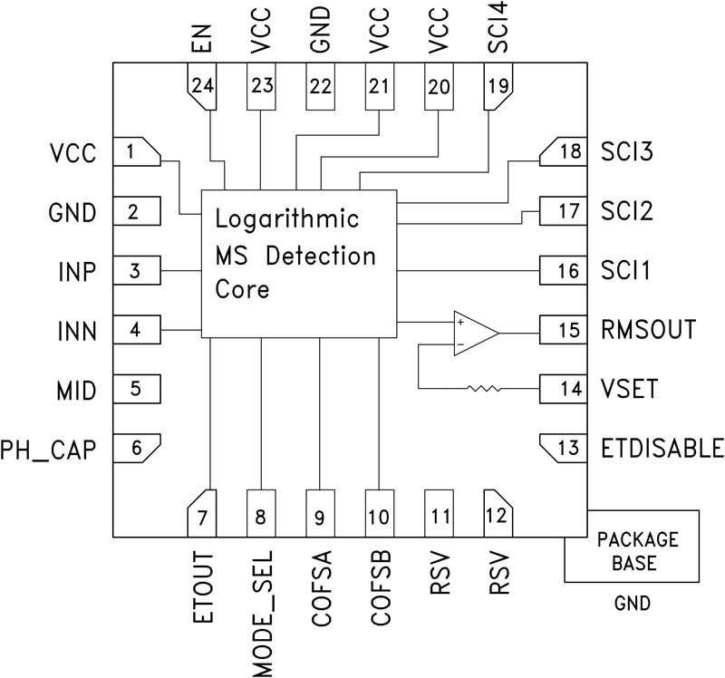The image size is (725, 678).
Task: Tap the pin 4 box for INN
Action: tap(136, 330)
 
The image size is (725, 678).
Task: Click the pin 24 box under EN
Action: tap(201, 88)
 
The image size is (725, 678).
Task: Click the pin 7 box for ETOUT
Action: tap(201, 515)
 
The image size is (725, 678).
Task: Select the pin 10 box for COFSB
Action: tap(380, 515)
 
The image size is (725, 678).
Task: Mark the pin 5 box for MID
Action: tap(136, 389)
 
